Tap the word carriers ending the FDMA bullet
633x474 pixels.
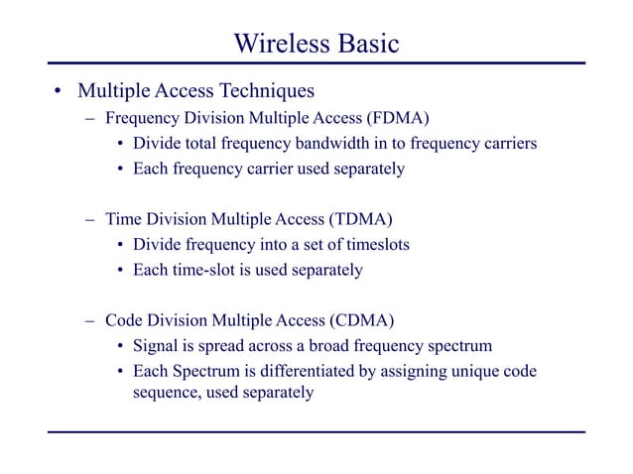pyautogui.click(x=504, y=145)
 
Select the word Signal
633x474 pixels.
pyautogui.click(x=159, y=346)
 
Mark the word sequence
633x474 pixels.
pyautogui.click(x=169, y=393)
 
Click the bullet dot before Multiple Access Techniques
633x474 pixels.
pyautogui.click(x=60, y=93)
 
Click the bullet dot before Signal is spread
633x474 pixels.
pyautogui.click(x=120, y=347)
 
